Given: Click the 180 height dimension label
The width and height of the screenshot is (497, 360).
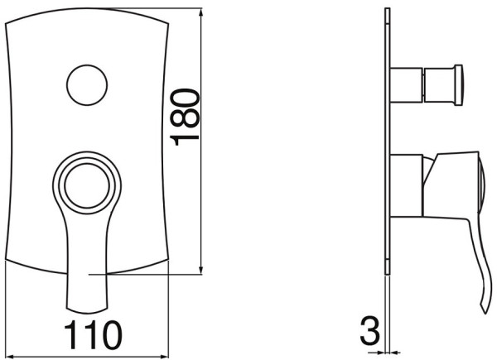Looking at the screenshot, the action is [x=185, y=118].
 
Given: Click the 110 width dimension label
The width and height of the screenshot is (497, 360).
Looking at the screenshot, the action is [x=93, y=335].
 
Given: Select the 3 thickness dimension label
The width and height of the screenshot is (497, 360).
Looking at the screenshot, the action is [x=370, y=331].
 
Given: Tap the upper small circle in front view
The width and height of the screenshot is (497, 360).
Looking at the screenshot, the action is [x=87, y=85].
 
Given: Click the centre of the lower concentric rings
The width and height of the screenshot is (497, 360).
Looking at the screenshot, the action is [x=87, y=186].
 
